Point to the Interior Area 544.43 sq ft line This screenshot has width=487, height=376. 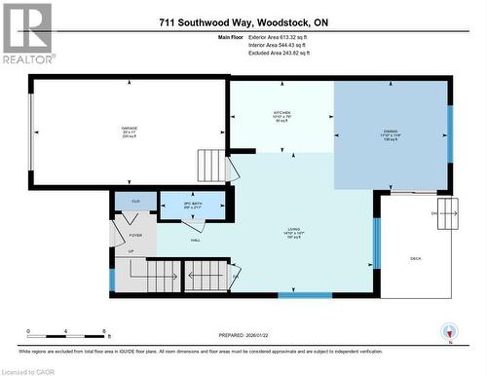284,45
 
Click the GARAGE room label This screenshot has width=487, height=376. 128,129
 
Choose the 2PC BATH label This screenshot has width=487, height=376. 192,203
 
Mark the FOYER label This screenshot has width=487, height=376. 135,235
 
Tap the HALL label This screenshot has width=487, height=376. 195,240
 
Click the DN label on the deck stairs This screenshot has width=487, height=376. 432,212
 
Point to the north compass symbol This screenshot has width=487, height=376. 449,331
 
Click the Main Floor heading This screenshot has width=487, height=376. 229,37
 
